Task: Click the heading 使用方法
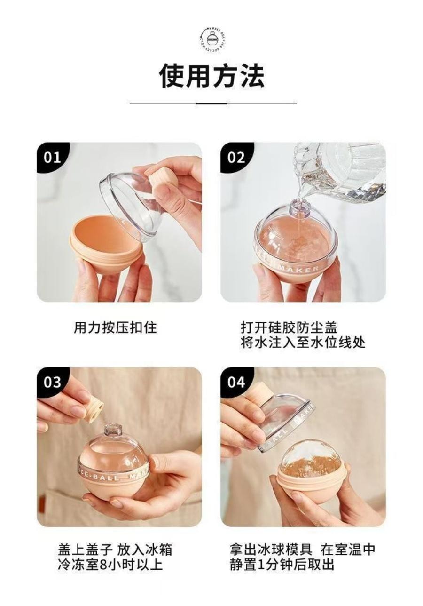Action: click(212, 75)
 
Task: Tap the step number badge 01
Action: click(52, 157)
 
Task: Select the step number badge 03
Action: click(52, 382)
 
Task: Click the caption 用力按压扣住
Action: click(115, 327)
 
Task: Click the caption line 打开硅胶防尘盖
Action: click(289, 327)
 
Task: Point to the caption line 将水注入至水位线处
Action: click(303, 342)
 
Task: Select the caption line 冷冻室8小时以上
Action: click(110, 564)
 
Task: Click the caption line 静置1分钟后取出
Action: click(282, 564)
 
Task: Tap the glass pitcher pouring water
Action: click(343, 172)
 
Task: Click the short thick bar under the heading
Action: click(211, 103)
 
